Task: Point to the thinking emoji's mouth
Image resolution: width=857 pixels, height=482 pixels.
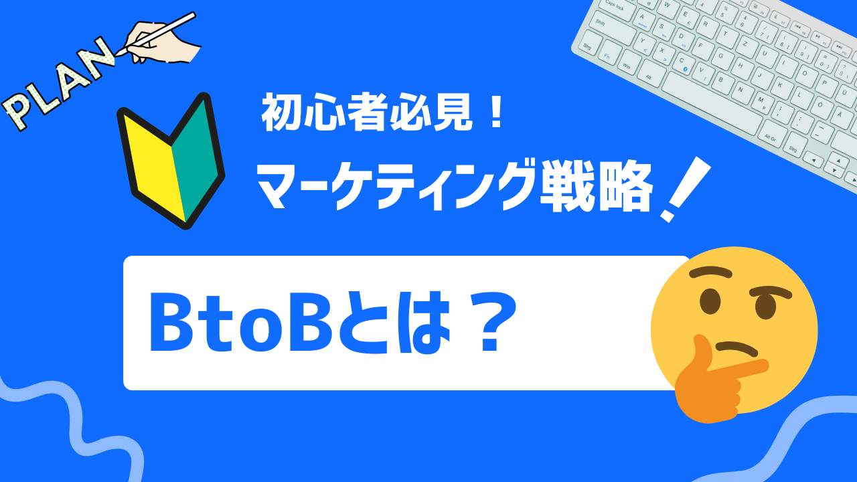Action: coord(736,349)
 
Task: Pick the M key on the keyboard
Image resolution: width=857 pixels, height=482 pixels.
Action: coord(761,100)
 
